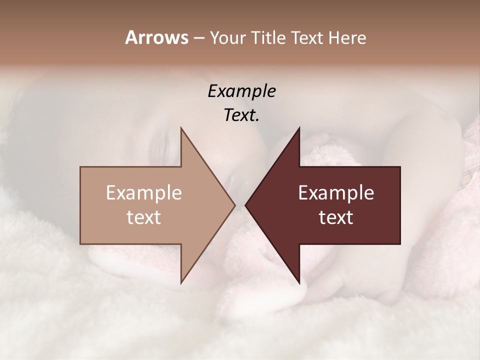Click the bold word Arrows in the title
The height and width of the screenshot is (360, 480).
(x=156, y=37)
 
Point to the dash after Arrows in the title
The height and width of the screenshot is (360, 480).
(x=198, y=38)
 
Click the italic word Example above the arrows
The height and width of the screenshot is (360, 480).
(x=241, y=91)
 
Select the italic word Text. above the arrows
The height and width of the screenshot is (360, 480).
(x=241, y=115)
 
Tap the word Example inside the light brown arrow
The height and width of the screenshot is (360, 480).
(x=144, y=193)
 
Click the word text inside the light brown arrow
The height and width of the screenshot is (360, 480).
(x=144, y=217)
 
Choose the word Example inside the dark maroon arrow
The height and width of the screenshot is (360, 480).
(x=336, y=193)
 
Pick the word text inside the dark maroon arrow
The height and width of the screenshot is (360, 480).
(x=336, y=217)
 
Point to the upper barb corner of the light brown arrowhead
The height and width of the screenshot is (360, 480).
(x=181, y=128)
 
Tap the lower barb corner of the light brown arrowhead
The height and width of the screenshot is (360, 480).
(x=181, y=282)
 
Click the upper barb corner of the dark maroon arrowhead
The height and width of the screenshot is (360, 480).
(x=299, y=128)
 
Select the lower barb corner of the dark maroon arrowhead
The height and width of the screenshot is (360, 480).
(x=299, y=282)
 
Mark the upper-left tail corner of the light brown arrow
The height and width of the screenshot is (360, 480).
(x=81, y=167)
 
